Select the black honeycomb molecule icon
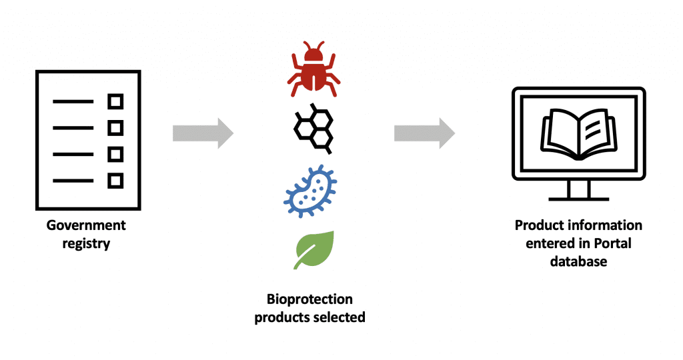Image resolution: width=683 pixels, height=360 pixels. click(x=313, y=129)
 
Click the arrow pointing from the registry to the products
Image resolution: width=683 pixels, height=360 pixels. click(x=203, y=133)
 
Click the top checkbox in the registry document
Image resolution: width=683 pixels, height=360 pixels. click(x=116, y=102)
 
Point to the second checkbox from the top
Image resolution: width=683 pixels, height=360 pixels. click(x=116, y=128)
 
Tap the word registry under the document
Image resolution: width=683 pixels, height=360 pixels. click(x=86, y=243)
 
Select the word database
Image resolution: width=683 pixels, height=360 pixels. click(x=578, y=261)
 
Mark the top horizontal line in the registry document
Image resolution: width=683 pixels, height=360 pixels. click(x=73, y=102)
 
